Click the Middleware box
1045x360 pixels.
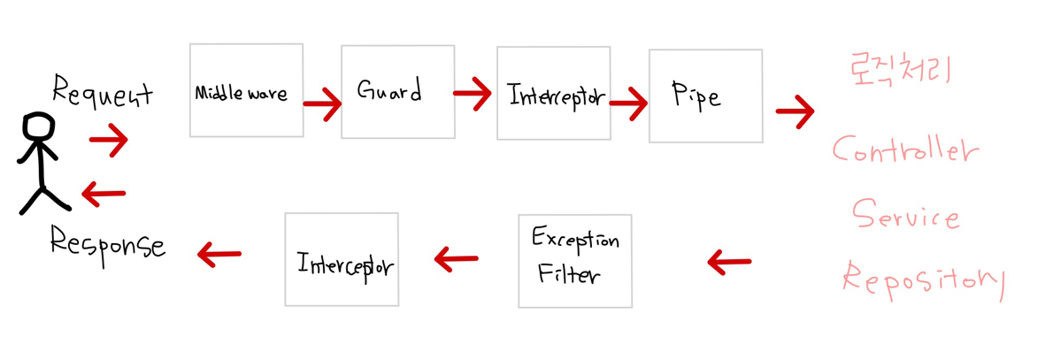(x=246, y=90)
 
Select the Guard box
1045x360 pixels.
(x=397, y=92)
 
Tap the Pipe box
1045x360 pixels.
(x=705, y=96)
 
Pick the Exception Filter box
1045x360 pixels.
(x=575, y=261)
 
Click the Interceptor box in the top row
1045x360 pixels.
(x=553, y=94)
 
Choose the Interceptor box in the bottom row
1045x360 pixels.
(x=342, y=260)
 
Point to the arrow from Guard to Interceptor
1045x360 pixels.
(x=473, y=94)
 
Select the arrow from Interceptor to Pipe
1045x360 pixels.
(x=628, y=104)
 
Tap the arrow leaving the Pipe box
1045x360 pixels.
(x=795, y=112)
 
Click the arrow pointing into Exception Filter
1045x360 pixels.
(x=729, y=261)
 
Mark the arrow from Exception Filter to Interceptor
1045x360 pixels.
(x=457, y=259)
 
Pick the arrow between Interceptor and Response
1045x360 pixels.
(x=219, y=255)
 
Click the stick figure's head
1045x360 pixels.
(x=38, y=126)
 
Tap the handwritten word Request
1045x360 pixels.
(x=102, y=92)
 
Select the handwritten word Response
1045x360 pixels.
(x=107, y=243)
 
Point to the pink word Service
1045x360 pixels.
(x=904, y=214)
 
